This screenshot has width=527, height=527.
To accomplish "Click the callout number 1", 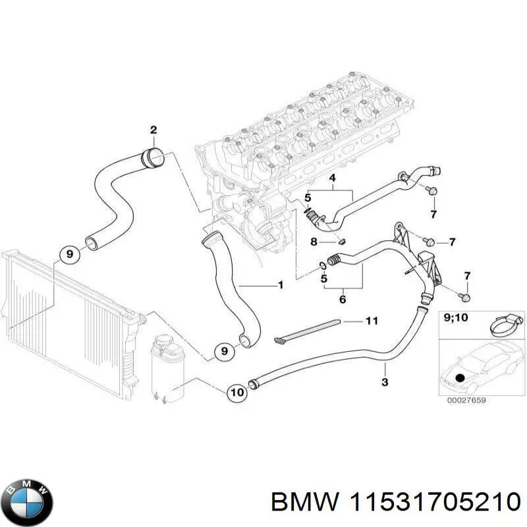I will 281,286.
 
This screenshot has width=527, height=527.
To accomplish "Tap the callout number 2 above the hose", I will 153,130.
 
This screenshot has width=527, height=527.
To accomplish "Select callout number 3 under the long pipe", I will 385,382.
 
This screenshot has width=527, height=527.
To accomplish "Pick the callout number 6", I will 343,300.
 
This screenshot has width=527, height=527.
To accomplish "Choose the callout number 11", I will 372,321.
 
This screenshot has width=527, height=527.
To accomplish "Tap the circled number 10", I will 236,393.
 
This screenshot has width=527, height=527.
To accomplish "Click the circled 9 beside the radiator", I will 67,253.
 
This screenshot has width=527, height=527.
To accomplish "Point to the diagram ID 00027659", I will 466,399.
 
